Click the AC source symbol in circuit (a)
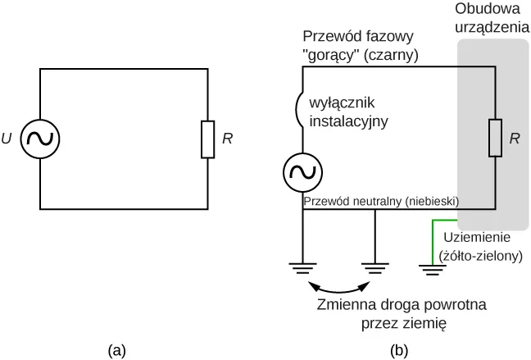[x=39, y=139]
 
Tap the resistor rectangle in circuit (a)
[x=207, y=139]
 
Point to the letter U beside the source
[x=7, y=139]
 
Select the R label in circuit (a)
[x=227, y=139]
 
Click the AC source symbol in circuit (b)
[x=303, y=172]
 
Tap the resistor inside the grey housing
[x=495, y=138]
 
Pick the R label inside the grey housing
[x=514, y=139]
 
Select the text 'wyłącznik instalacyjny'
[x=347, y=112]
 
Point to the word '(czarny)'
[x=392, y=55]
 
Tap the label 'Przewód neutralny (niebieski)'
[x=380, y=200]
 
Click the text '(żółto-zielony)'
[x=480, y=255]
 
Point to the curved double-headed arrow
[x=338, y=288]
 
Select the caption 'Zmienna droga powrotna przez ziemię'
[x=401, y=314]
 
